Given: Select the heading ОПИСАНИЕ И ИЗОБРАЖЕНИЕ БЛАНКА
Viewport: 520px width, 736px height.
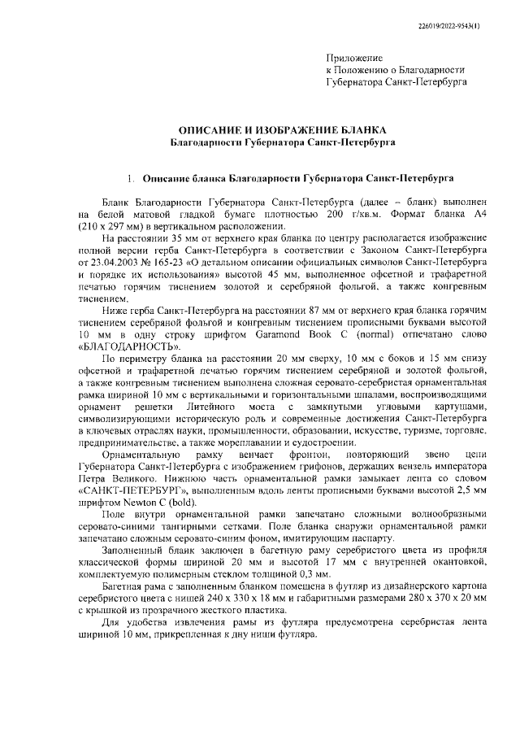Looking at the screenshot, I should point(283,130).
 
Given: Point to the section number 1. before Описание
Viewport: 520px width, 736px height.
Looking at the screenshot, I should point(130,176).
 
